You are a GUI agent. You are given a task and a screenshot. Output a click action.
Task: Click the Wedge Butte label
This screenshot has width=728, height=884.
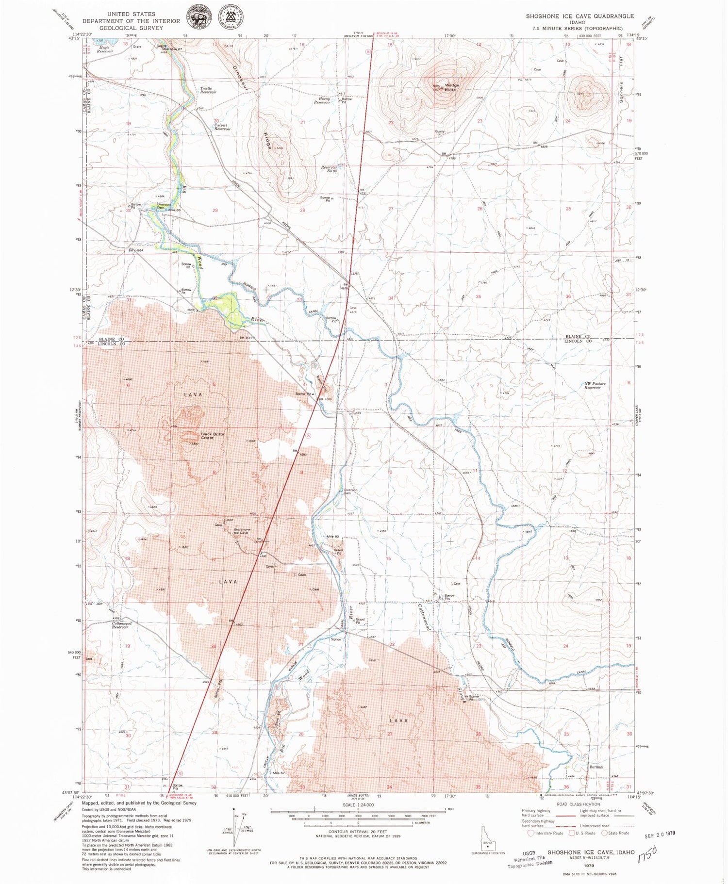point(450,87)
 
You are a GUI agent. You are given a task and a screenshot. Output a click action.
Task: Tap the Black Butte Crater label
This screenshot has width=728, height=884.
point(212,435)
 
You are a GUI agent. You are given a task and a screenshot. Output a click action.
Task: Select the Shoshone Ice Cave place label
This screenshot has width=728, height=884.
point(241,531)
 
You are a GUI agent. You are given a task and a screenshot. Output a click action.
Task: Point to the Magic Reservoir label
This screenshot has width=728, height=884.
point(105,49)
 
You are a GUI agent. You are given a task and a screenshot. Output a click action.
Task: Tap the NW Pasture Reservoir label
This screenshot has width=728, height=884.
point(595,386)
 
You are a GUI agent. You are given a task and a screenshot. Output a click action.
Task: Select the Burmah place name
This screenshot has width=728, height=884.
point(596,767)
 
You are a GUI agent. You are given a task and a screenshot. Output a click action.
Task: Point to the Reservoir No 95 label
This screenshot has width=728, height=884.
point(329,169)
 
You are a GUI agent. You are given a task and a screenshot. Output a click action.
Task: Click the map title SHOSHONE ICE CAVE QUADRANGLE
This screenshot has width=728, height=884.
point(579,16)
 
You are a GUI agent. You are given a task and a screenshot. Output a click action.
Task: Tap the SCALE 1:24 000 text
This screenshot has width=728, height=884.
point(358,804)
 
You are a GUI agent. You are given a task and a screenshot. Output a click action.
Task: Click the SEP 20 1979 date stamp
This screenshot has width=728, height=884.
point(660,834)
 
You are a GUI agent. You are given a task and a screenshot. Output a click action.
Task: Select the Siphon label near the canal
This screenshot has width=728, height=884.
point(336,639)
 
